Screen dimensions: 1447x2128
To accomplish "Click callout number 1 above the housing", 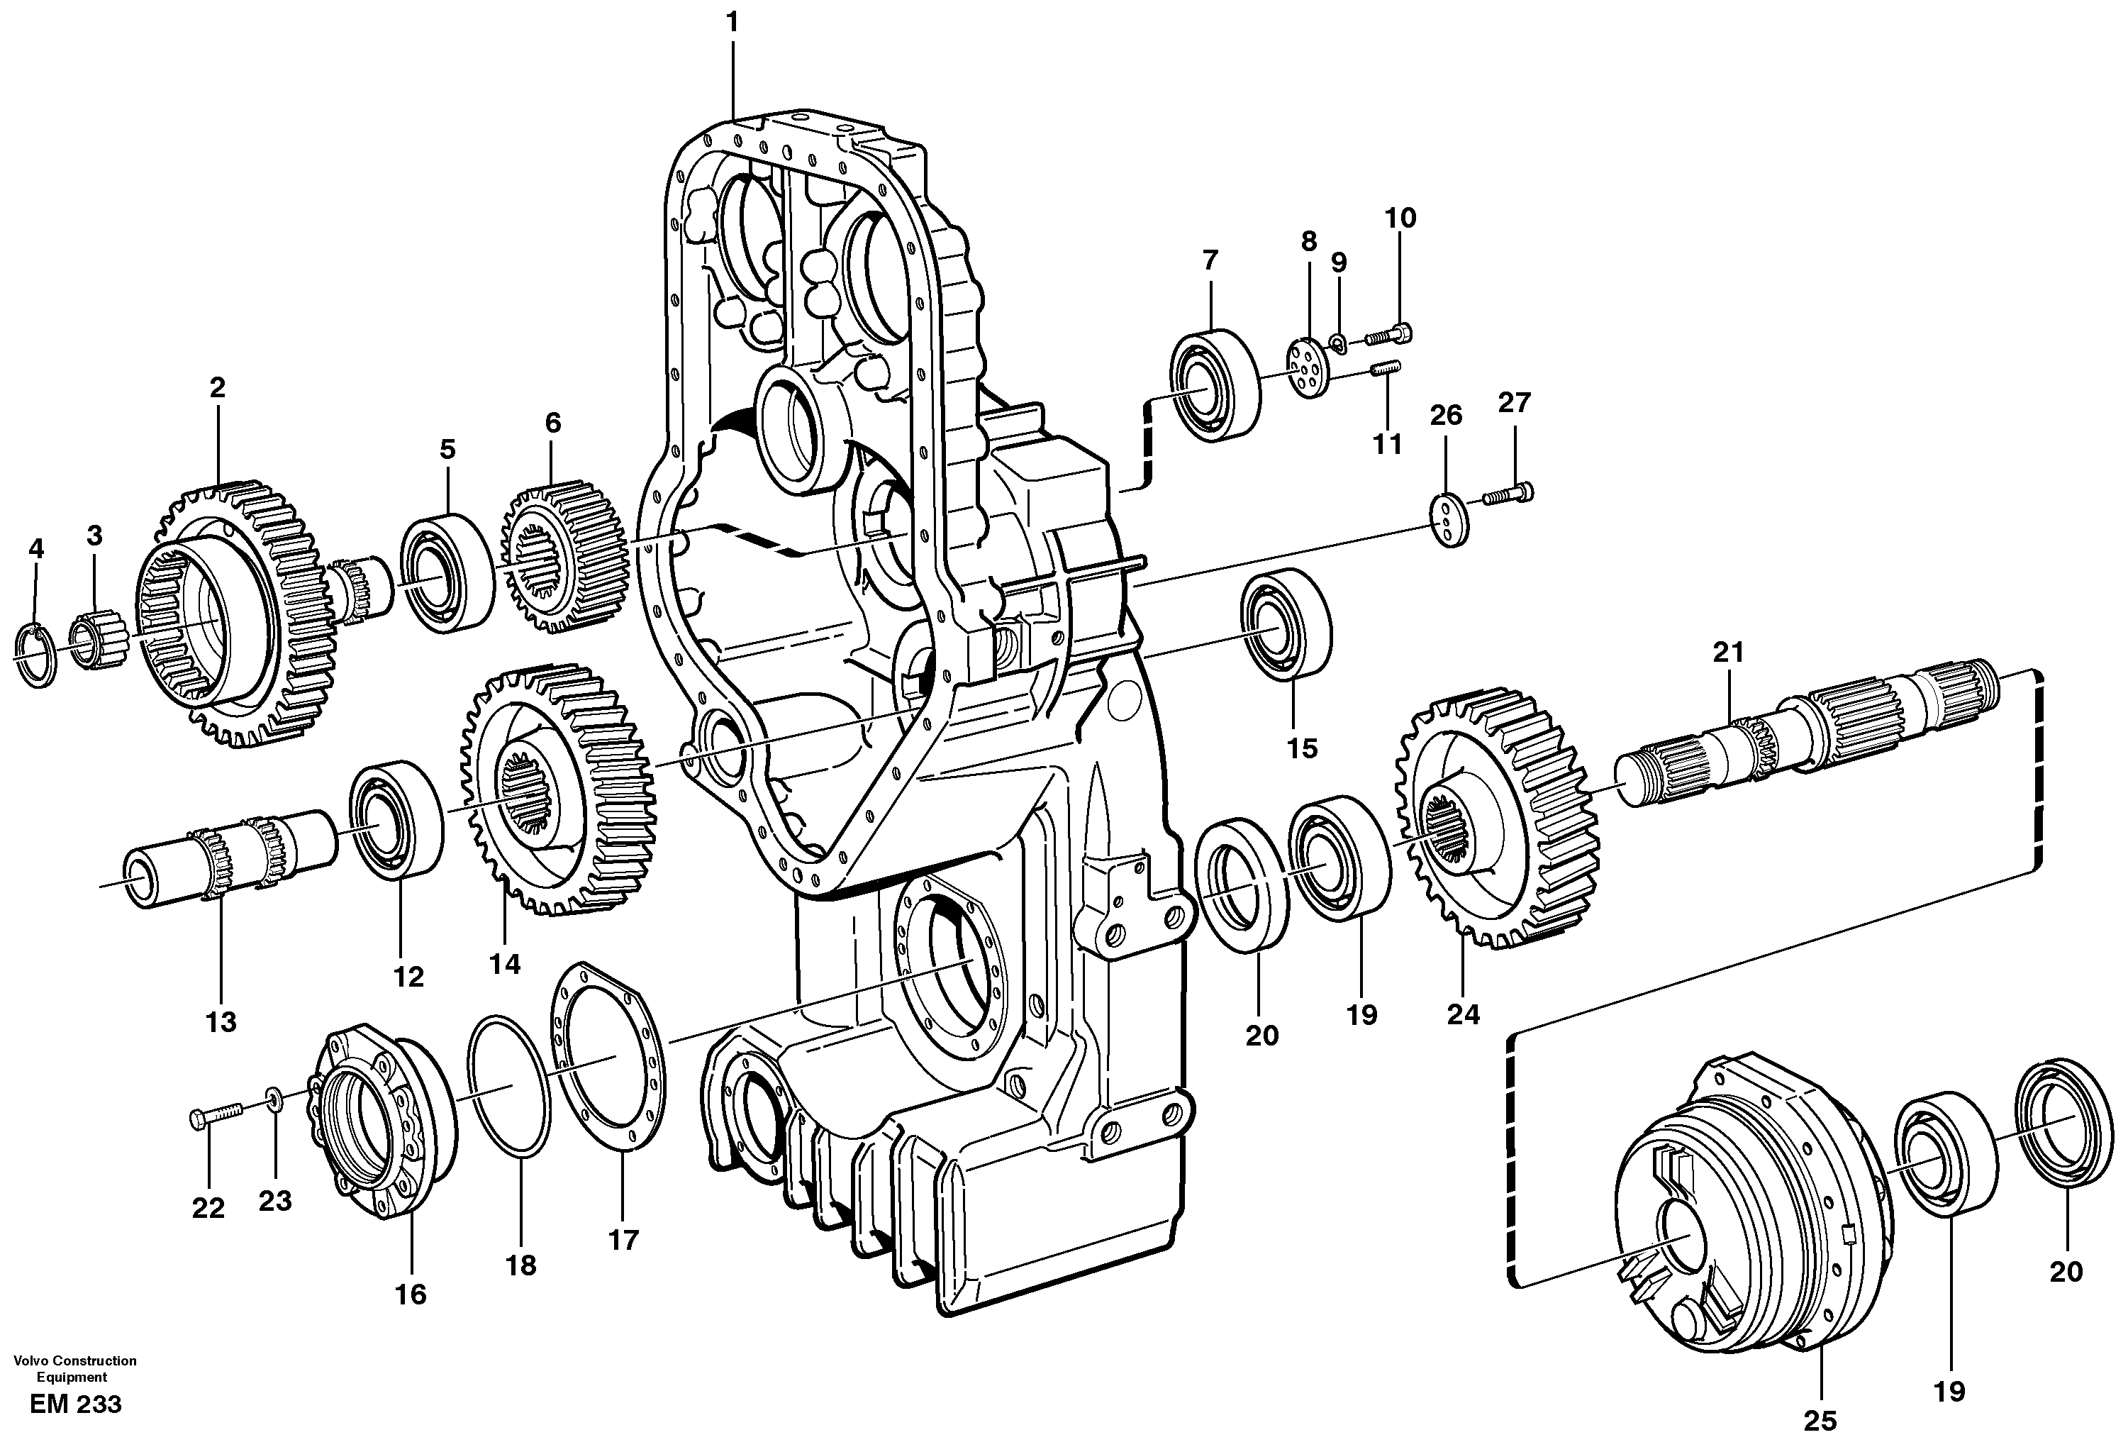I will click(732, 23).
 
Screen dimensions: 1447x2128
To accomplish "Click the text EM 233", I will click(75, 1404).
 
